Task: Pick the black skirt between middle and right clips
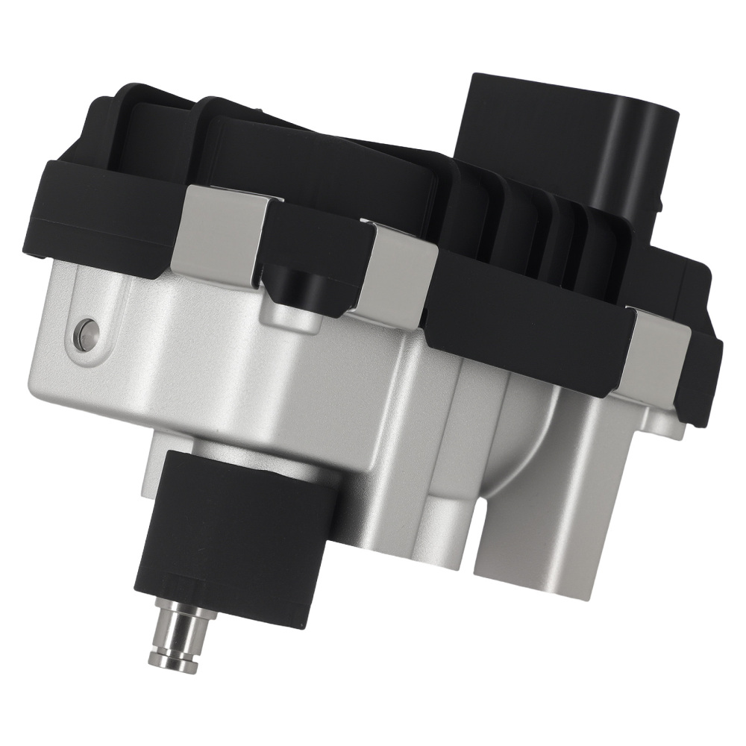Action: click(x=522, y=328)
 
